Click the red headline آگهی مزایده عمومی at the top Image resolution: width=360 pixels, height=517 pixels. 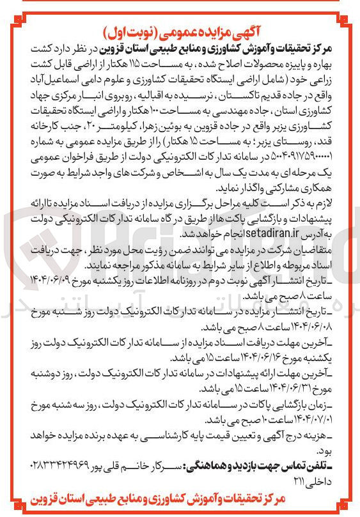(x=205, y=32)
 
